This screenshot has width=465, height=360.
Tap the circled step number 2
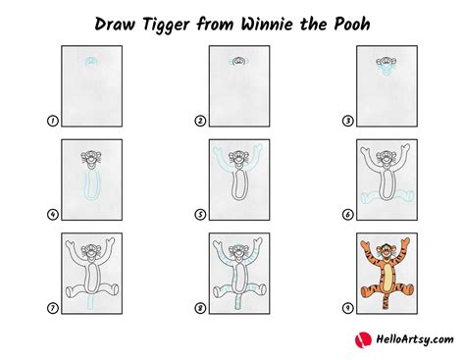pos(199,121)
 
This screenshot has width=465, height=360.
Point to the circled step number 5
pos(199,214)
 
